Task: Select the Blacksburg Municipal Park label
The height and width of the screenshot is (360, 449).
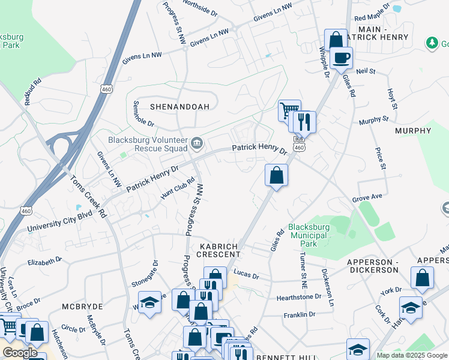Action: coord(310,235)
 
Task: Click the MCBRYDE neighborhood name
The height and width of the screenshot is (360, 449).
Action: coord(82,306)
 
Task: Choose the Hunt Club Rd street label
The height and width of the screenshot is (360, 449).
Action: coord(178,188)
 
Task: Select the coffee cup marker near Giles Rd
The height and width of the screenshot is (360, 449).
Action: coord(342,58)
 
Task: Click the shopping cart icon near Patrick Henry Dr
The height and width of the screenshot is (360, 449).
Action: coord(289,110)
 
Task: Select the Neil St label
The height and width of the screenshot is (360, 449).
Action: coord(365,71)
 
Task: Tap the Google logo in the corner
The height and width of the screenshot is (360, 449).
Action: coord(19,352)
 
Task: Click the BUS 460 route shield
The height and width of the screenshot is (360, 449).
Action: coord(299,144)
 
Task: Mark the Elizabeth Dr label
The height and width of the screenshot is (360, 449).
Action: coord(45,262)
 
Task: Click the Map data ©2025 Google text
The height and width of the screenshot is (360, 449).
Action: coord(412,355)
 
